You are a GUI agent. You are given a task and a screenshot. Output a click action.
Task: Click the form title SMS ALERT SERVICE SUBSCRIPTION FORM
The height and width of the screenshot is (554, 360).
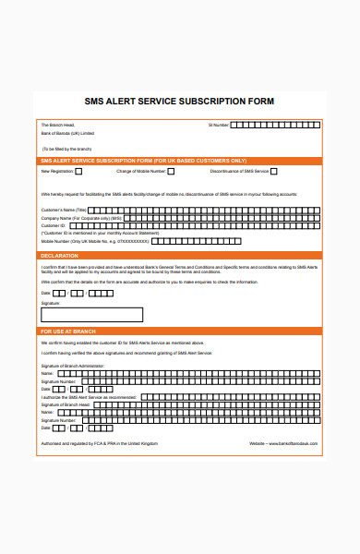tap(179, 102)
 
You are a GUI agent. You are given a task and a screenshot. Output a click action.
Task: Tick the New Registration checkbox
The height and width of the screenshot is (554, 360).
tap(78, 172)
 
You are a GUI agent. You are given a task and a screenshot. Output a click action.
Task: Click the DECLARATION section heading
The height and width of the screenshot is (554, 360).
tap(59, 255)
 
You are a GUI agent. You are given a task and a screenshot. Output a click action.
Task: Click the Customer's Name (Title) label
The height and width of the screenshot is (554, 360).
tap(64, 211)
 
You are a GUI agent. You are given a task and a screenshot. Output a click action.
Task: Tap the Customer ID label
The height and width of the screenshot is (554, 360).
tap(54, 225)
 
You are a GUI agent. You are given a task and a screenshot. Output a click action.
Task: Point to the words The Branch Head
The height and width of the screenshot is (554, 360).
tap(57, 124)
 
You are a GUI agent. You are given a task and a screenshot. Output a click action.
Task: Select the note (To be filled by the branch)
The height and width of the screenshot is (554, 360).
tap(66, 148)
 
